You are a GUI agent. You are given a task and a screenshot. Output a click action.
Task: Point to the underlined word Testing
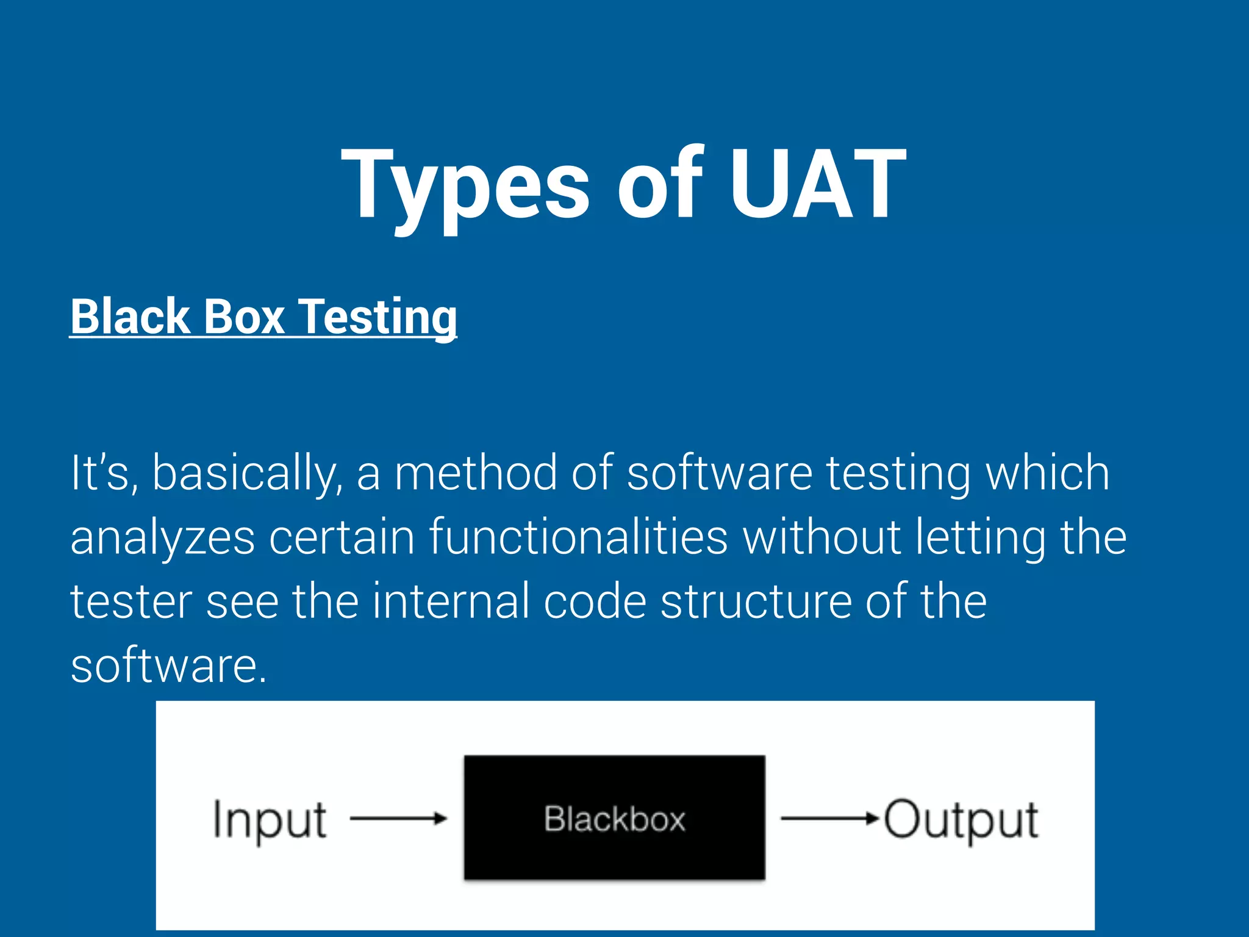pos(379,317)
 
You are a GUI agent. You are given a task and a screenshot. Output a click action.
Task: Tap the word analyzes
pos(162,538)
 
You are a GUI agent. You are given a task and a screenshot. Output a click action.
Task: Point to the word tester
pos(131,601)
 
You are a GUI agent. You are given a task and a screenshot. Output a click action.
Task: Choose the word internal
pos(451,601)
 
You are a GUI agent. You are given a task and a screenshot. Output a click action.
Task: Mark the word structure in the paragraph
pos(755,601)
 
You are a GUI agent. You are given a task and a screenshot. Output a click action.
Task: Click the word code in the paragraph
pos(595,601)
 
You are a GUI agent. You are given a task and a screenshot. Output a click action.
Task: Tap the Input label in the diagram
pos(270,820)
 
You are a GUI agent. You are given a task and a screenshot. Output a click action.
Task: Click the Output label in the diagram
pos(961,820)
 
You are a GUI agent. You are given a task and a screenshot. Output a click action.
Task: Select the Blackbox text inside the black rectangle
pos(615,819)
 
